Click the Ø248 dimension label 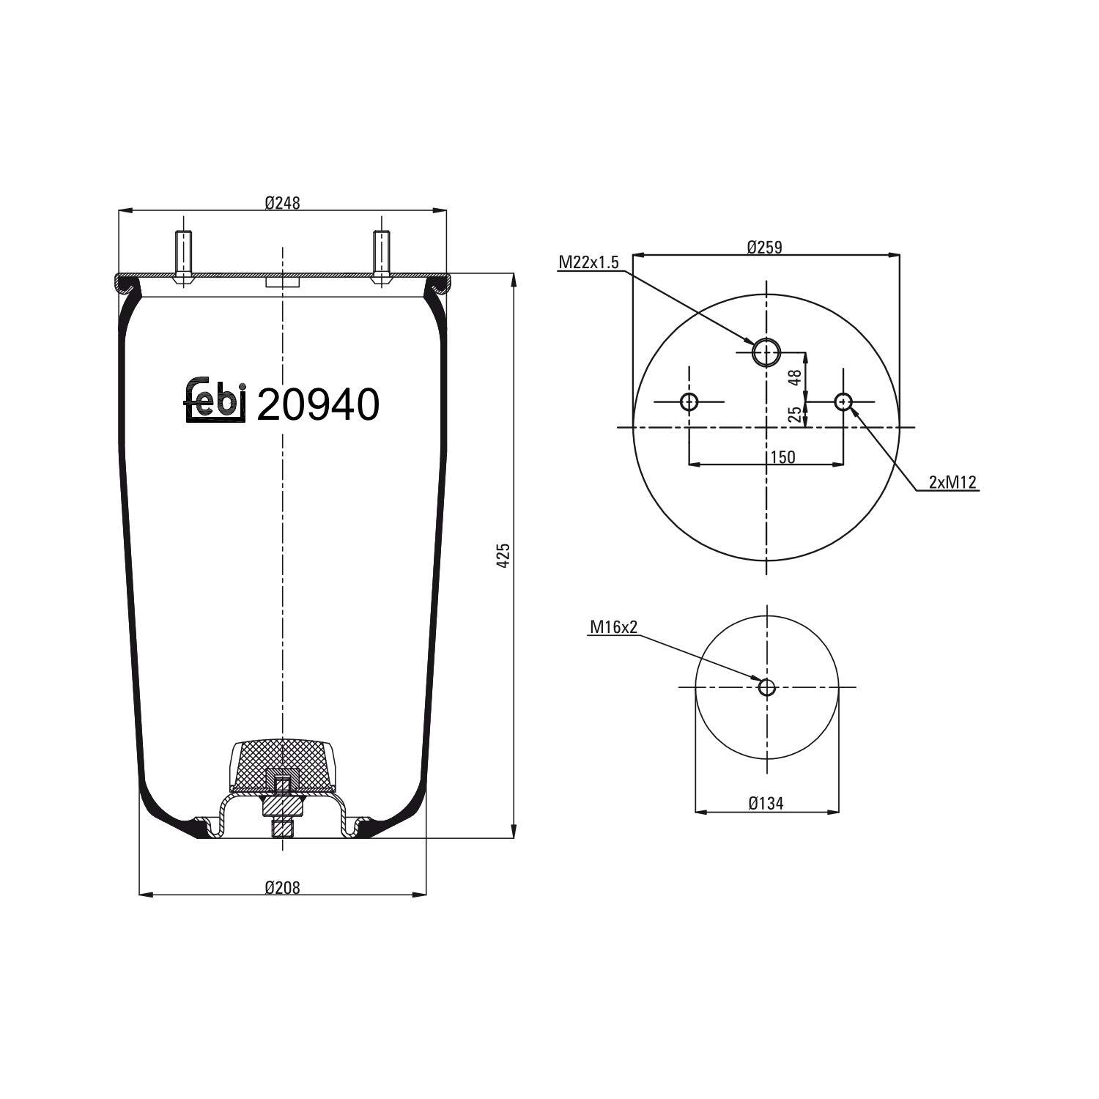pyautogui.click(x=282, y=203)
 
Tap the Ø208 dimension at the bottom pyautogui.click(x=282, y=887)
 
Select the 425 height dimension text pyautogui.click(x=503, y=556)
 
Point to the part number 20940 pyautogui.click(x=318, y=404)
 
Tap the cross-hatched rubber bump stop pyautogui.click(x=282, y=762)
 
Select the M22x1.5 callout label pyautogui.click(x=589, y=262)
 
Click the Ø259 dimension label pyautogui.click(x=764, y=248)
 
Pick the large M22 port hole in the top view pyautogui.click(x=767, y=352)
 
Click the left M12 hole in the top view pyautogui.click(x=689, y=402)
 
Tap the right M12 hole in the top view pyautogui.click(x=843, y=402)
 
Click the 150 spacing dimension pyautogui.click(x=782, y=457)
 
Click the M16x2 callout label pyautogui.click(x=613, y=627)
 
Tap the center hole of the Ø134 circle pyautogui.click(x=766, y=687)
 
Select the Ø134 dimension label pyautogui.click(x=766, y=804)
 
